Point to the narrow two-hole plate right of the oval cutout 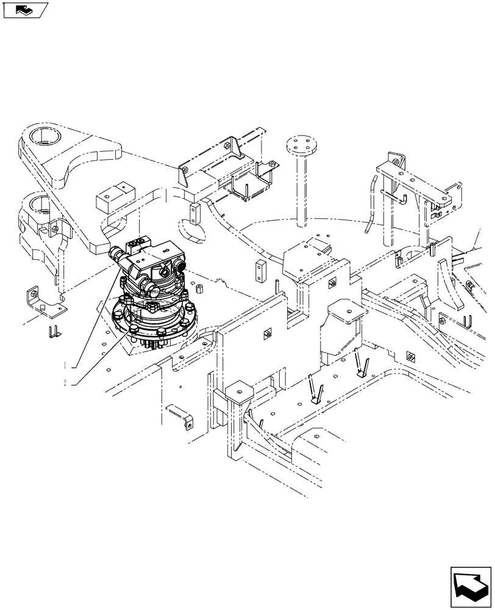[x=194, y=213]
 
